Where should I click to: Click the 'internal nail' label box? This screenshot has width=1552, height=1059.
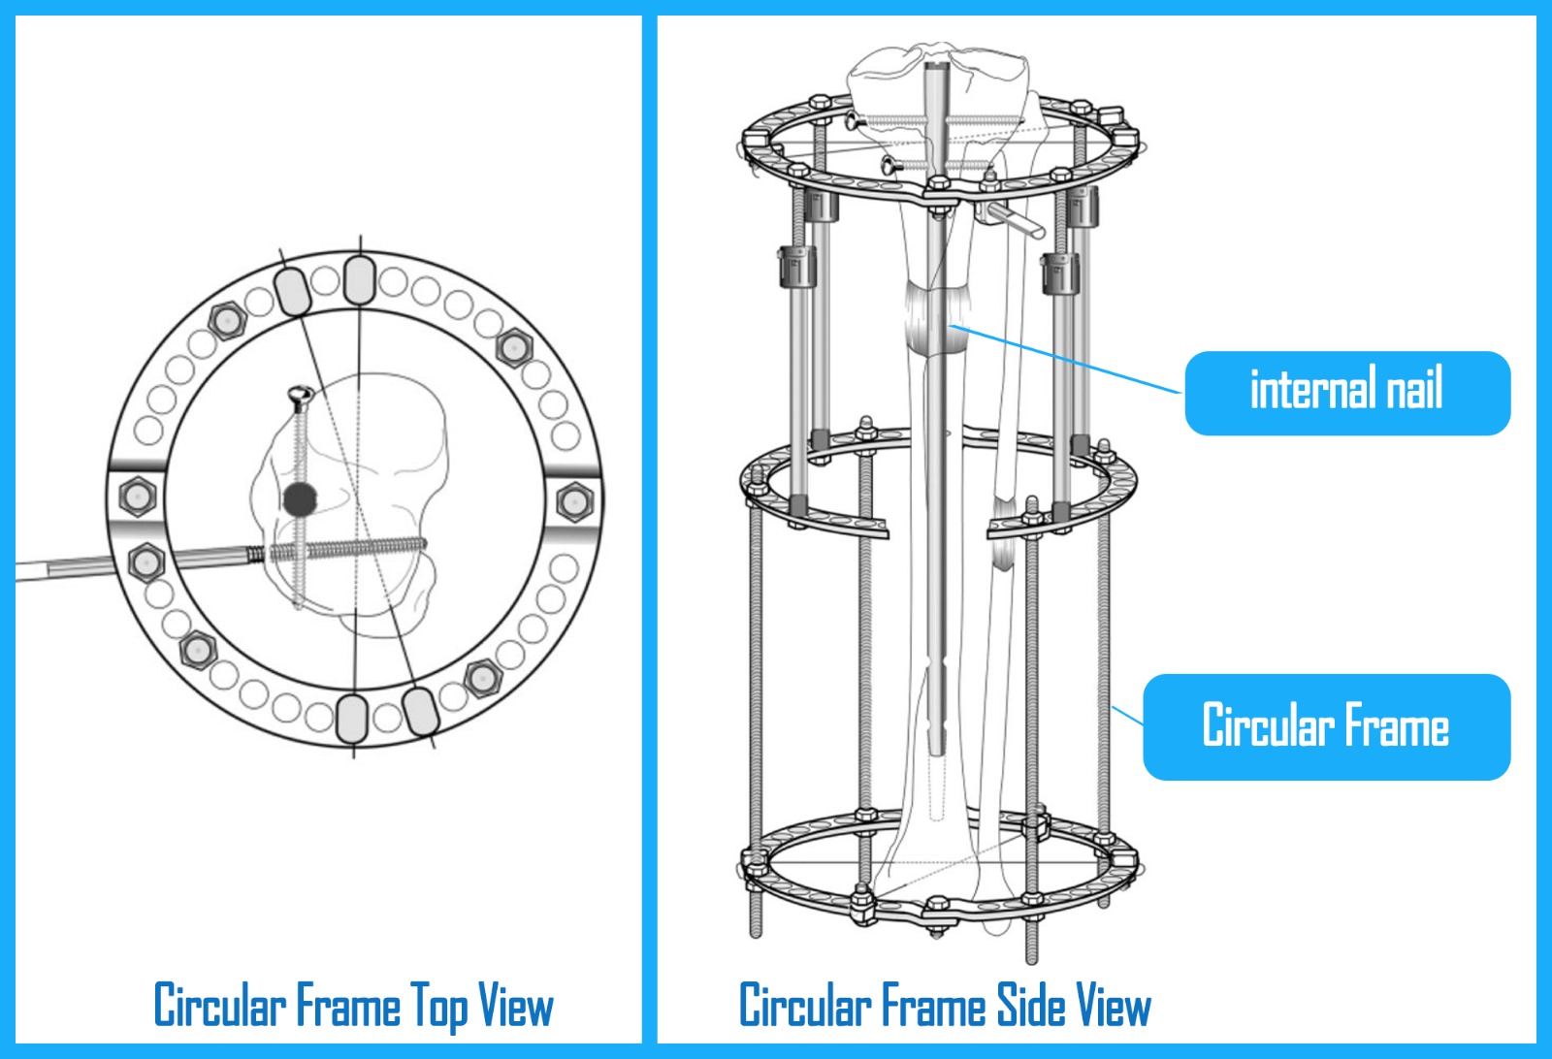point(1347,393)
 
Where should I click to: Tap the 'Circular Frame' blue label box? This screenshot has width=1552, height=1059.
point(1326,726)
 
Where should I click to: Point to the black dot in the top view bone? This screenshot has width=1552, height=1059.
point(300,499)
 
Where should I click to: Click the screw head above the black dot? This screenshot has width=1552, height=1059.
point(301,396)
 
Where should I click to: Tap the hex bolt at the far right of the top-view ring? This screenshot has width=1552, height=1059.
point(574,500)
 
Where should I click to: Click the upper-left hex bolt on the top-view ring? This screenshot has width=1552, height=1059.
point(227,321)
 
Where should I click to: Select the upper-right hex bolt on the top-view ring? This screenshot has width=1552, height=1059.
point(513,348)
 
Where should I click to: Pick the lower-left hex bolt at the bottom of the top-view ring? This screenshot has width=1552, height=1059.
point(198,651)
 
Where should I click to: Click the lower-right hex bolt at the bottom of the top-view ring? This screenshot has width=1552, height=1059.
point(483,678)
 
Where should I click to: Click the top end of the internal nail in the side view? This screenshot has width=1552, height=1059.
point(936,64)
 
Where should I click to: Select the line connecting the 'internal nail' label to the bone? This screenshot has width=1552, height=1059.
point(1065,359)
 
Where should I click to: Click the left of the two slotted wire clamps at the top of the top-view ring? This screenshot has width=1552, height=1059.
point(292,291)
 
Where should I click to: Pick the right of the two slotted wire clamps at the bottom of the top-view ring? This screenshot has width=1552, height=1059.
point(421,711)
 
